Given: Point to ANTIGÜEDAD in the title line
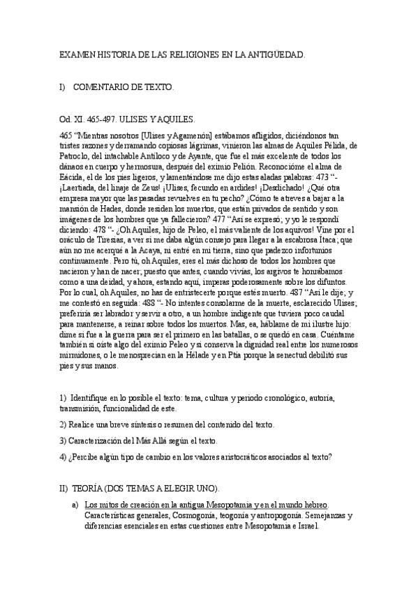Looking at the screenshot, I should point(274,54).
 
